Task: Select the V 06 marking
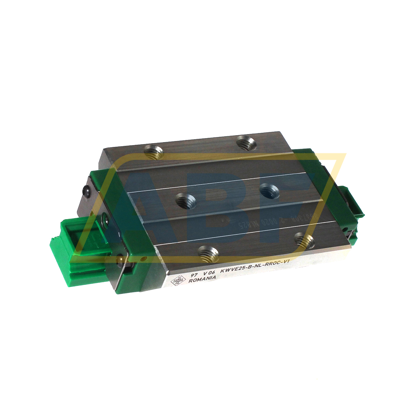pos(209,273)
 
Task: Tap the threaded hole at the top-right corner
pos(247,143)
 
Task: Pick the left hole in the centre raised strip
pos(186,201)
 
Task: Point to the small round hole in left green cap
pos(145,259)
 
